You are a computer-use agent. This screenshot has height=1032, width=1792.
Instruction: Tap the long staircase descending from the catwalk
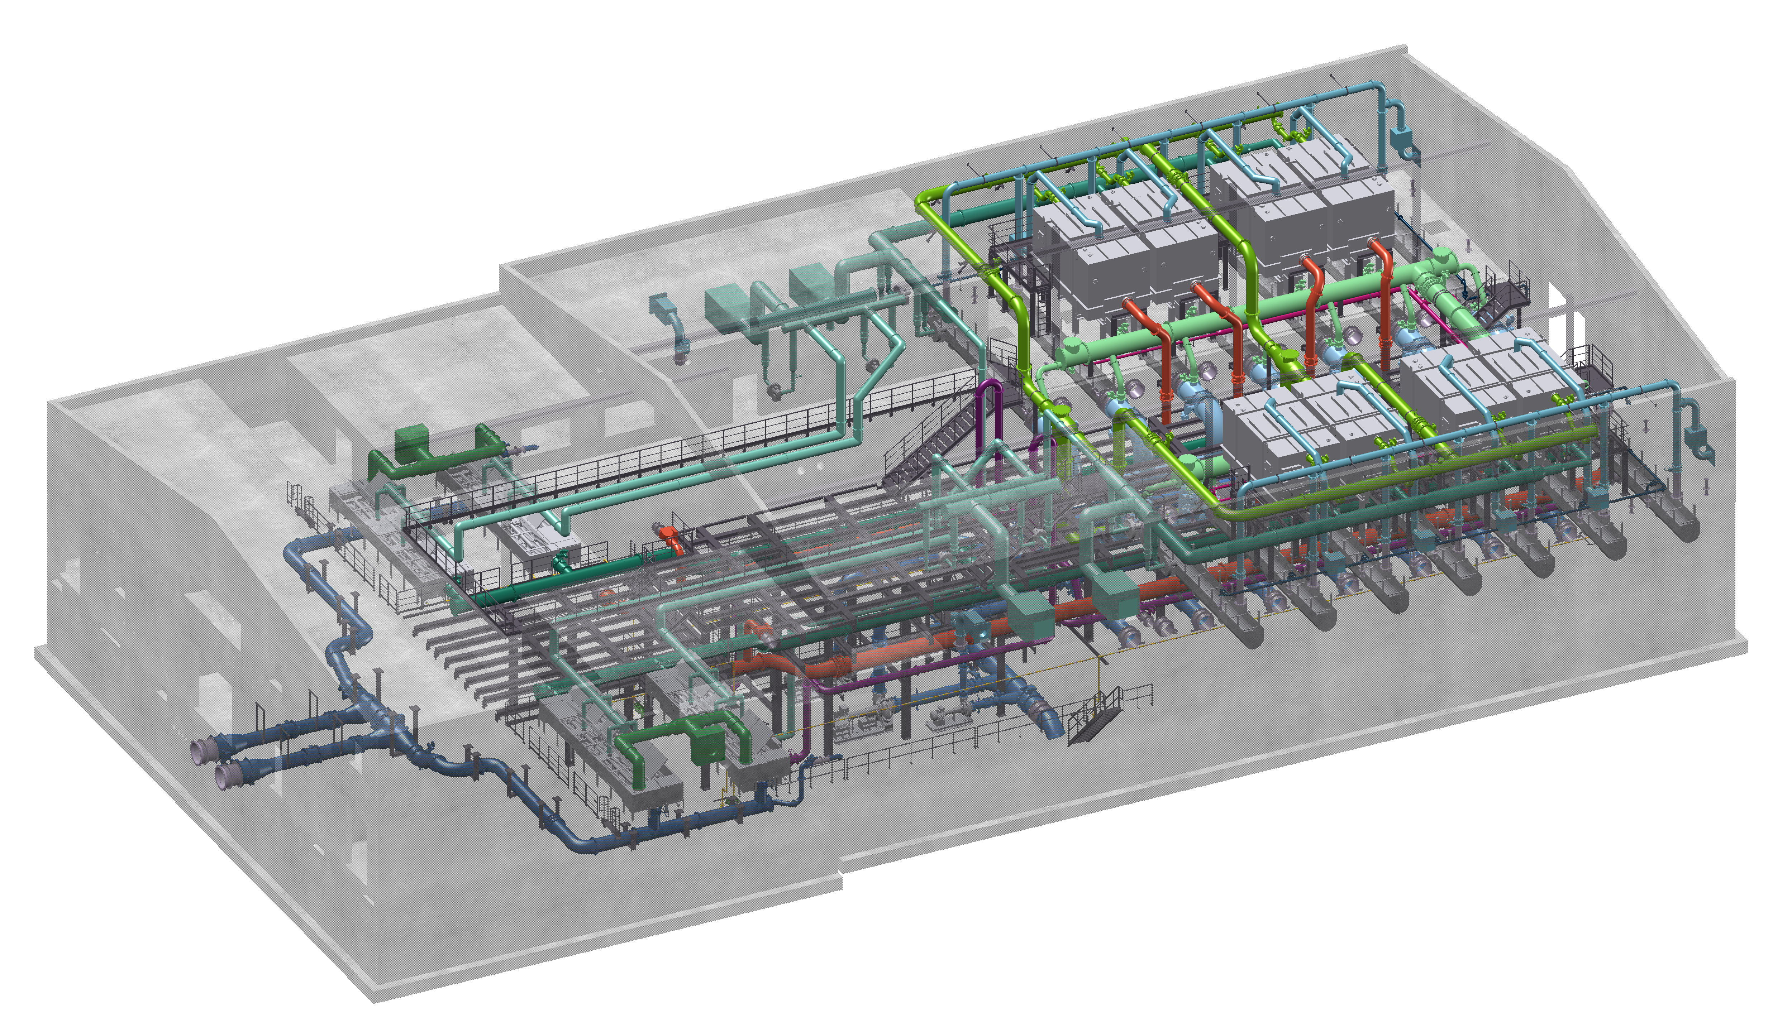936,432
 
